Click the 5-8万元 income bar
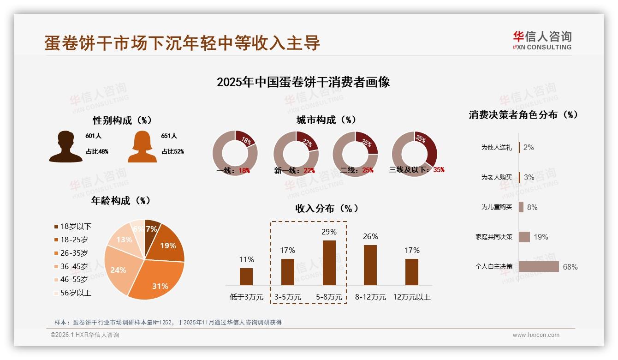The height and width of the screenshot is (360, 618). click(x=329, y=263)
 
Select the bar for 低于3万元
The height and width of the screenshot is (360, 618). click(x=246, y=276)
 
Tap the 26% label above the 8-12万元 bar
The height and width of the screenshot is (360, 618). click(x=370, y=236)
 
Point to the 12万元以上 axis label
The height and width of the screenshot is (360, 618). click(x=412, y=297)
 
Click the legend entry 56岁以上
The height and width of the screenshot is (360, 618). click(x=72, y=293)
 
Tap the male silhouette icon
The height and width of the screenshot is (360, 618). click(x=66, y=147)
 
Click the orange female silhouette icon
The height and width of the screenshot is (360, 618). click(x=142, y=147)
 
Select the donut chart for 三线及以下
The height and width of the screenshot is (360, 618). click(x=414, y=154)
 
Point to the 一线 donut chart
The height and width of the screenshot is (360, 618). click(x=235, y=154)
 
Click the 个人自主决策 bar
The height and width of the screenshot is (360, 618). click(x=539, y=267)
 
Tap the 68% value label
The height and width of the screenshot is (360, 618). click(x=570, y=267)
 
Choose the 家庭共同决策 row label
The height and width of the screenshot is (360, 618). click(x=493, y=237)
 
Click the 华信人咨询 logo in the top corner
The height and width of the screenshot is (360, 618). click(x=542, y=40)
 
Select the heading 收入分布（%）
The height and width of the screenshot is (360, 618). click(x=327, y=209)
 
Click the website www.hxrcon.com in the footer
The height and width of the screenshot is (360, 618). click(x=536, y=335)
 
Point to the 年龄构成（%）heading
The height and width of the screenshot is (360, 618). click(x=121, y=201)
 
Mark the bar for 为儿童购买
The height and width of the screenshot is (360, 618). click(x=521, y=207)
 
